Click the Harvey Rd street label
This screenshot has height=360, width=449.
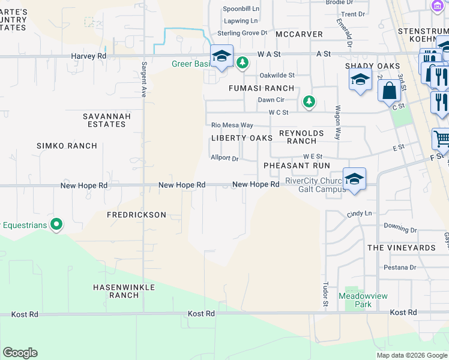pyautogui.click(x=88, y=56)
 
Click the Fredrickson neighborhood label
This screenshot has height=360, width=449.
pyautogui.click(x=136, y=214)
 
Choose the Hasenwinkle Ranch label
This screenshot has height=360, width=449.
pyautogui.click(x=124, y=291)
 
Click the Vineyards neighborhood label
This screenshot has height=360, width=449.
pyautogui.click(x=401, y=248)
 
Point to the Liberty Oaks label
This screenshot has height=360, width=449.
pyautogui.click(x=242, y=138)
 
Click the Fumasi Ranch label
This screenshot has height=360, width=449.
pyautogui.click(x=261, y=88)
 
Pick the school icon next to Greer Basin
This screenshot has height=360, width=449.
pyautogui.click(x=221, y=56)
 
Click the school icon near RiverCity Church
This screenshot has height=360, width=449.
pyautogui.click(x=354, y=178)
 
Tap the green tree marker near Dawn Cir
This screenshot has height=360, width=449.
pyautogui.click(x=309, y=102)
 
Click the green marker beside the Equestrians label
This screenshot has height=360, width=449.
pyautogui.click(x=57, y=225)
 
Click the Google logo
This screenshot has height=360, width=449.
pyautogui.click(x=20, y=353)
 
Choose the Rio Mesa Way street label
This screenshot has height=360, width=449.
pyautogui.click(x=232, y=125)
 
